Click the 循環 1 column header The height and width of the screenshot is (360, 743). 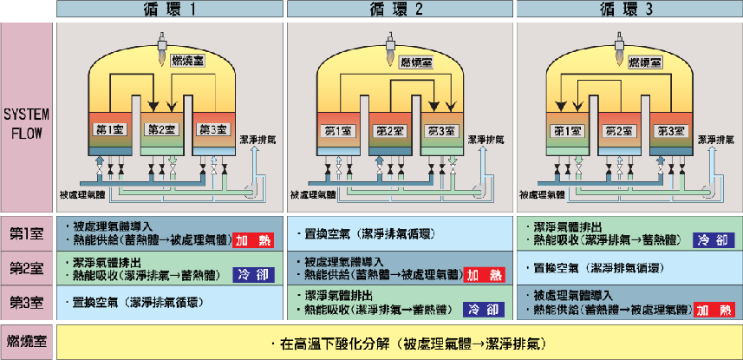click(x=169, y=10)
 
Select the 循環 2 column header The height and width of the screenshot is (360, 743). click(x=400, y=10)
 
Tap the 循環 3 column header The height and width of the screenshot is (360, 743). click(x=629, y=10)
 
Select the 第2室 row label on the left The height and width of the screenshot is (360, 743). click(x=28, y=266)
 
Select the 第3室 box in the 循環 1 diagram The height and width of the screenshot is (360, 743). click(x=212, y=131)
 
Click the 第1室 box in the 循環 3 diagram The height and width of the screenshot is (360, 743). click(x=567, y=131)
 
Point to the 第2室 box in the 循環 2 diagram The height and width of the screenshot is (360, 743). click(x=390, y=131)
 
